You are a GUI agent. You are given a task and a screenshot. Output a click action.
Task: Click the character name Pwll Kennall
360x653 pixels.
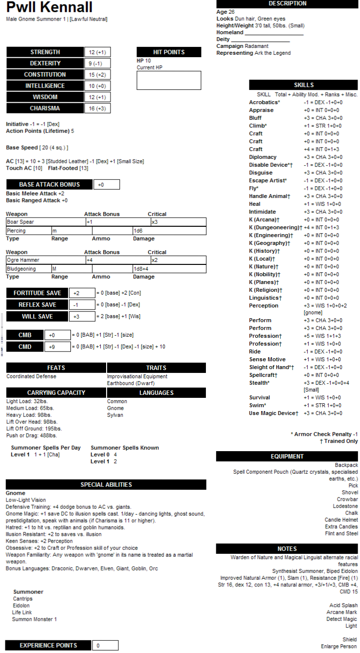pos(49,8)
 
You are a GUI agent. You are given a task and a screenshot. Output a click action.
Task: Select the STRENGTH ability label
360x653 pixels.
pos(45,52)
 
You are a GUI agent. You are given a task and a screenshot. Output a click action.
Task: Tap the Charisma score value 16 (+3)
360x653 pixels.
pos(97,109)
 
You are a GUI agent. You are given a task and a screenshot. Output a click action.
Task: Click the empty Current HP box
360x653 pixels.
pos(169,80)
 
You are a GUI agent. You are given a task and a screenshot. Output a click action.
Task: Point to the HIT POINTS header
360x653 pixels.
pos(169,52)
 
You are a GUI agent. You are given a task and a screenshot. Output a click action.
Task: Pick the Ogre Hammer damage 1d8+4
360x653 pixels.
pos(142,269)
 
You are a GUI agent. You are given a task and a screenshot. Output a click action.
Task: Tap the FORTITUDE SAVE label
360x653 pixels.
pos(37,293)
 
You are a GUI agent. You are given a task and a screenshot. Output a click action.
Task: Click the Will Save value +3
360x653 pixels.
pos(81,316)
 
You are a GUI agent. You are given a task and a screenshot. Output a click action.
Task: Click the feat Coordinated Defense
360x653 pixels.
pos(31,376)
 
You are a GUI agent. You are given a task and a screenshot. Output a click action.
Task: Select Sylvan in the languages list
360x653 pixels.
pos(115,415)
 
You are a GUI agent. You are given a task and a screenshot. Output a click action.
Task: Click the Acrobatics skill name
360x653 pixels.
pos(264,102)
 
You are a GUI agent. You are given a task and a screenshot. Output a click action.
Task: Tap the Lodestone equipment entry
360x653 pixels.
pos(347,506)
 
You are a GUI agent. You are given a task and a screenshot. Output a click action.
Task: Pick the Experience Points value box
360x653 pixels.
pos(105,645)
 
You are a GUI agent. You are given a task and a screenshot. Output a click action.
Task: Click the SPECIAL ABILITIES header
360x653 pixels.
pos(106,484)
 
